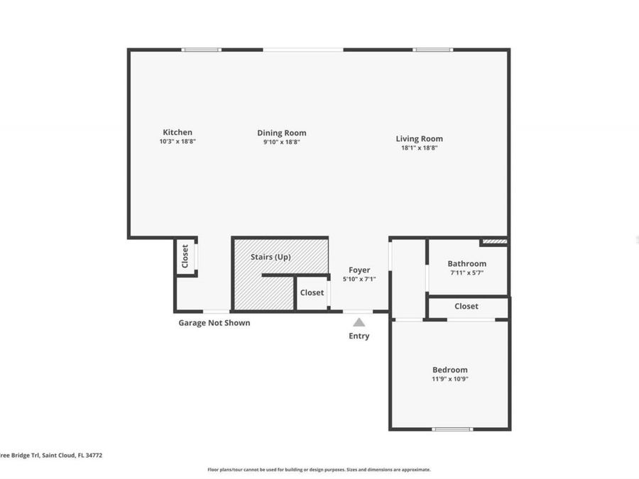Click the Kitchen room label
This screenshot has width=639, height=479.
click(x=177, y=132)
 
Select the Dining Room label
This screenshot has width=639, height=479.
click(x=282, y=133)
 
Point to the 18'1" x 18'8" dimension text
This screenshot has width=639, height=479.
click(x=419, y=148)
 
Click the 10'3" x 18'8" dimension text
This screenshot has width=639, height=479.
click(x=177, y=141)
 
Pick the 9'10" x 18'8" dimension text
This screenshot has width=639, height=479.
click(x=282, y=142)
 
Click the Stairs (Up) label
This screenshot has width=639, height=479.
click(x=271, y=257)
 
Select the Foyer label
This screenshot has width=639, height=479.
click(x=359, y=270)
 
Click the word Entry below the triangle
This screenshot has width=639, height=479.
click(x=359, y=336)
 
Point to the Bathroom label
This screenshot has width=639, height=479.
click(x=466, y=263)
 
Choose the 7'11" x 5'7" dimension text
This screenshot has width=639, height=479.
click(x=466, y=272)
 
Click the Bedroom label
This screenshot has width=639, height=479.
click(x=450, y=370)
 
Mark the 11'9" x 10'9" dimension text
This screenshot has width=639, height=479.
click(x=450, y=379)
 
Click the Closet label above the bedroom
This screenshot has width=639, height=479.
click(x=466, y=307)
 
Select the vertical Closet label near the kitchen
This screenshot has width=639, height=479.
click(x=185, y=256)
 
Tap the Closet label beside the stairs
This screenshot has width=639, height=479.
click(x=312, y=292)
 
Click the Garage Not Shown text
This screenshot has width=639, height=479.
click(x=214, y=323)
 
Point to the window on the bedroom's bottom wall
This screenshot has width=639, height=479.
click(x=452, y=429)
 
